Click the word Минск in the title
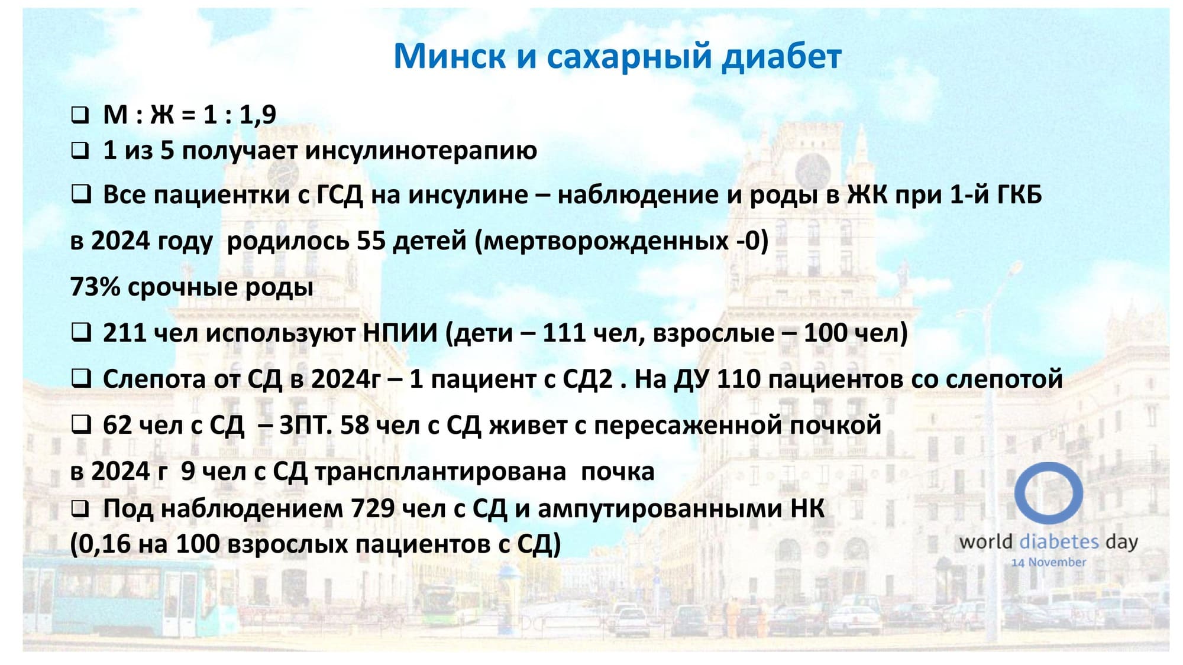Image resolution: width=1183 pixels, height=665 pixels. click(450, 57)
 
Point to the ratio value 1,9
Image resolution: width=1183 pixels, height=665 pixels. click(257, 114)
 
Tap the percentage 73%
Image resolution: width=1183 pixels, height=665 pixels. click(95, 287)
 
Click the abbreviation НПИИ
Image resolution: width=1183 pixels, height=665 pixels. click(400, 333)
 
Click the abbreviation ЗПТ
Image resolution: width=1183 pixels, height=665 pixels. click(305, 425)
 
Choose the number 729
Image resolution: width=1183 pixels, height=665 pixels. click(373, 508)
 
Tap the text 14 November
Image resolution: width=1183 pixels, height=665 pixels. click(1048, 562)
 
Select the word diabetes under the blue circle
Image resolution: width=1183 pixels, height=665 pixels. click(1059, 541)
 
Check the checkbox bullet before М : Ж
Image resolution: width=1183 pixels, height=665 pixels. click(80, 115)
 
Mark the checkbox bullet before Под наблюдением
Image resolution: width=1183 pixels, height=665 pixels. click(80, 508)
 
